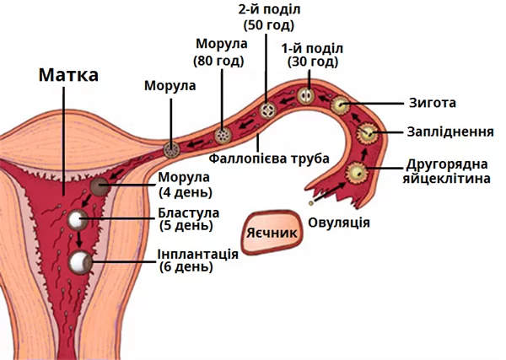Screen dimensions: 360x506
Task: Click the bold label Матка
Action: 69,74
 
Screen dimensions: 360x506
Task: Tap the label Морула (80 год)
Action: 219,51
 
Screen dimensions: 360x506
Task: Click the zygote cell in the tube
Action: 341,105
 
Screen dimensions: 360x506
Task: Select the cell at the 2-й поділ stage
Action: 268,110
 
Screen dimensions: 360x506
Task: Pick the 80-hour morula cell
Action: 223,134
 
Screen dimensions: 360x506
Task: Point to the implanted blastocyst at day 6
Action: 82,262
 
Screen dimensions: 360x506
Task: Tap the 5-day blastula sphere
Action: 79,221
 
